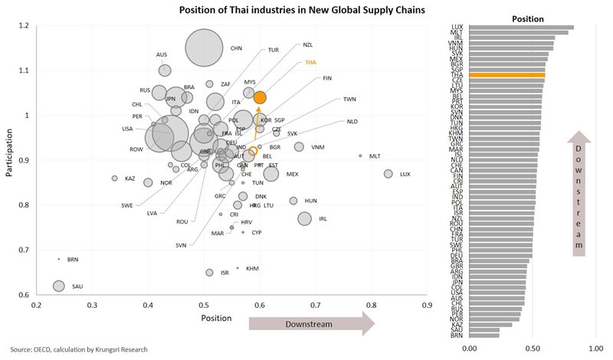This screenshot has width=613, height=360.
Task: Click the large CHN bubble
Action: (204, 48)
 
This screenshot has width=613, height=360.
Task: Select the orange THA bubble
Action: (260, 97)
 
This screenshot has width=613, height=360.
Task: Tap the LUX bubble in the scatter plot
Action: (388, 174)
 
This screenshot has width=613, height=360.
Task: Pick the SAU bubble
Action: (58, 286)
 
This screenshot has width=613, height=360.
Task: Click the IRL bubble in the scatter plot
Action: (304, 218)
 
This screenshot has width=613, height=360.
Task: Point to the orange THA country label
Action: (310, 62)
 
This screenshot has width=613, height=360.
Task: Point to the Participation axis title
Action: (10, 158)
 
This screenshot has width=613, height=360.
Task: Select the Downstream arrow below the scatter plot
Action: (310, 325)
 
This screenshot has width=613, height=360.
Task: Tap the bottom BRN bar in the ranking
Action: (484, 335)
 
